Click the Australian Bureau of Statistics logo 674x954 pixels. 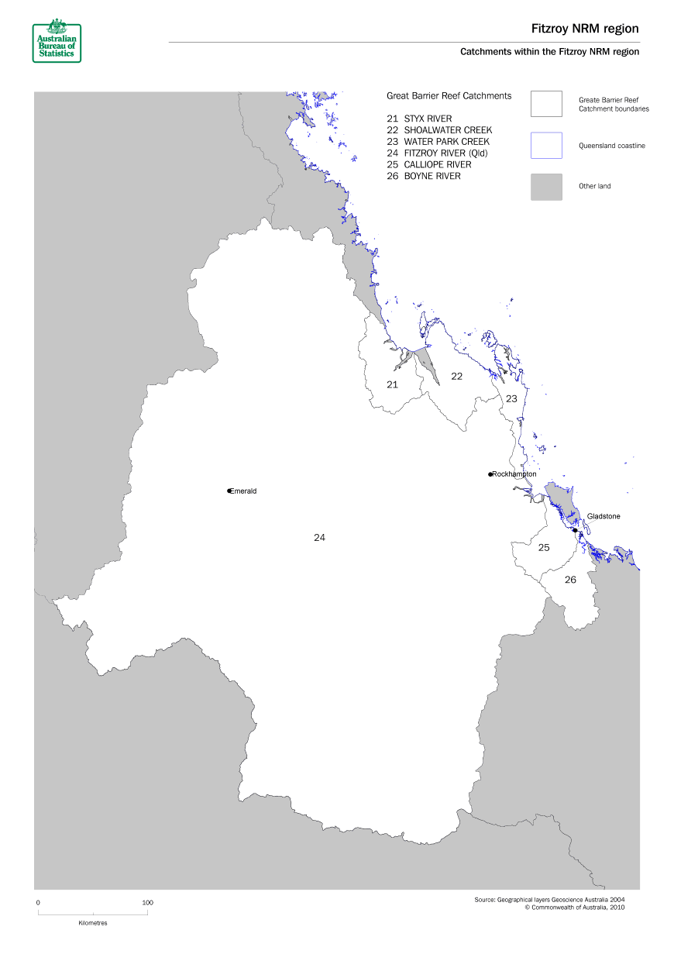coord(57,42)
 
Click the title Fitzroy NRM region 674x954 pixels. coord(585,29)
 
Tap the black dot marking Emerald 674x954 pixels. coord(229,491)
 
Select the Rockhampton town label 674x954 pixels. coord(514,474)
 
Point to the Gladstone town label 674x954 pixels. coord(604,516)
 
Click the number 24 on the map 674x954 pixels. coord(319,537)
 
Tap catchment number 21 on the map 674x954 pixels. coord(392,384)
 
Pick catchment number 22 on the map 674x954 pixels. coord(456,376)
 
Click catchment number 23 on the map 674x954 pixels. coord(511,398)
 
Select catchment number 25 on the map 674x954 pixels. coord(544,547)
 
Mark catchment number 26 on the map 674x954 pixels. coord(570,580)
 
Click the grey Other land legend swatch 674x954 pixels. coord(546,187)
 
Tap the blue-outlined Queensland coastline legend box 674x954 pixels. coord(546,145)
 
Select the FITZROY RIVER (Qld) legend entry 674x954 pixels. coord(442,153)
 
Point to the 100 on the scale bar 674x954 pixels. coord(148,902)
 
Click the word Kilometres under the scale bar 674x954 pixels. coord(93,923)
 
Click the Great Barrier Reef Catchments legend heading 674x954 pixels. coord(449,96)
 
